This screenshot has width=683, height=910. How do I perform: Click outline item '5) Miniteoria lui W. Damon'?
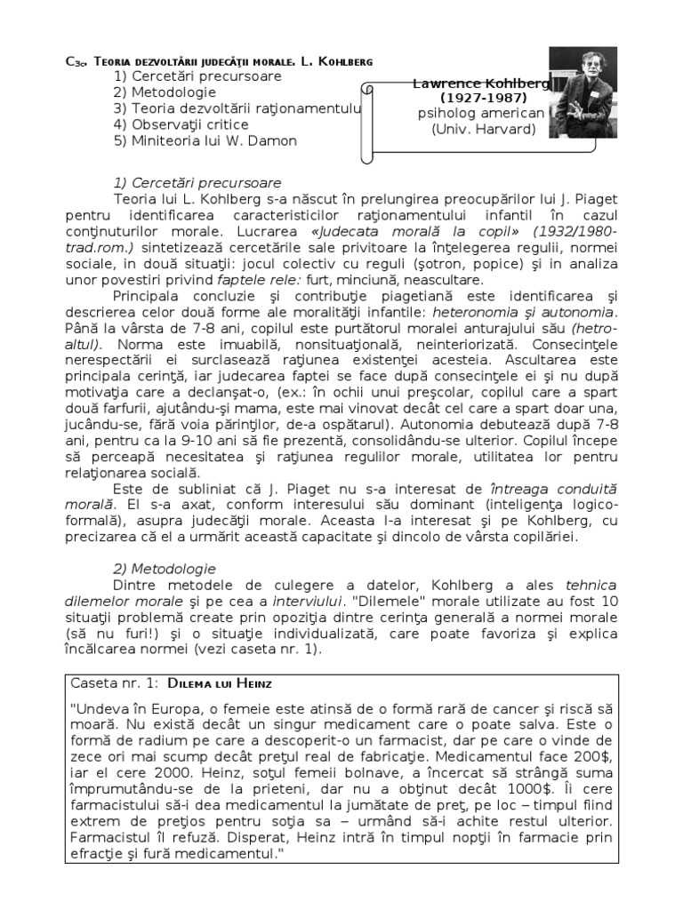click(205, 140)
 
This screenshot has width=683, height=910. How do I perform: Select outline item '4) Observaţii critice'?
click(181, 124)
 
